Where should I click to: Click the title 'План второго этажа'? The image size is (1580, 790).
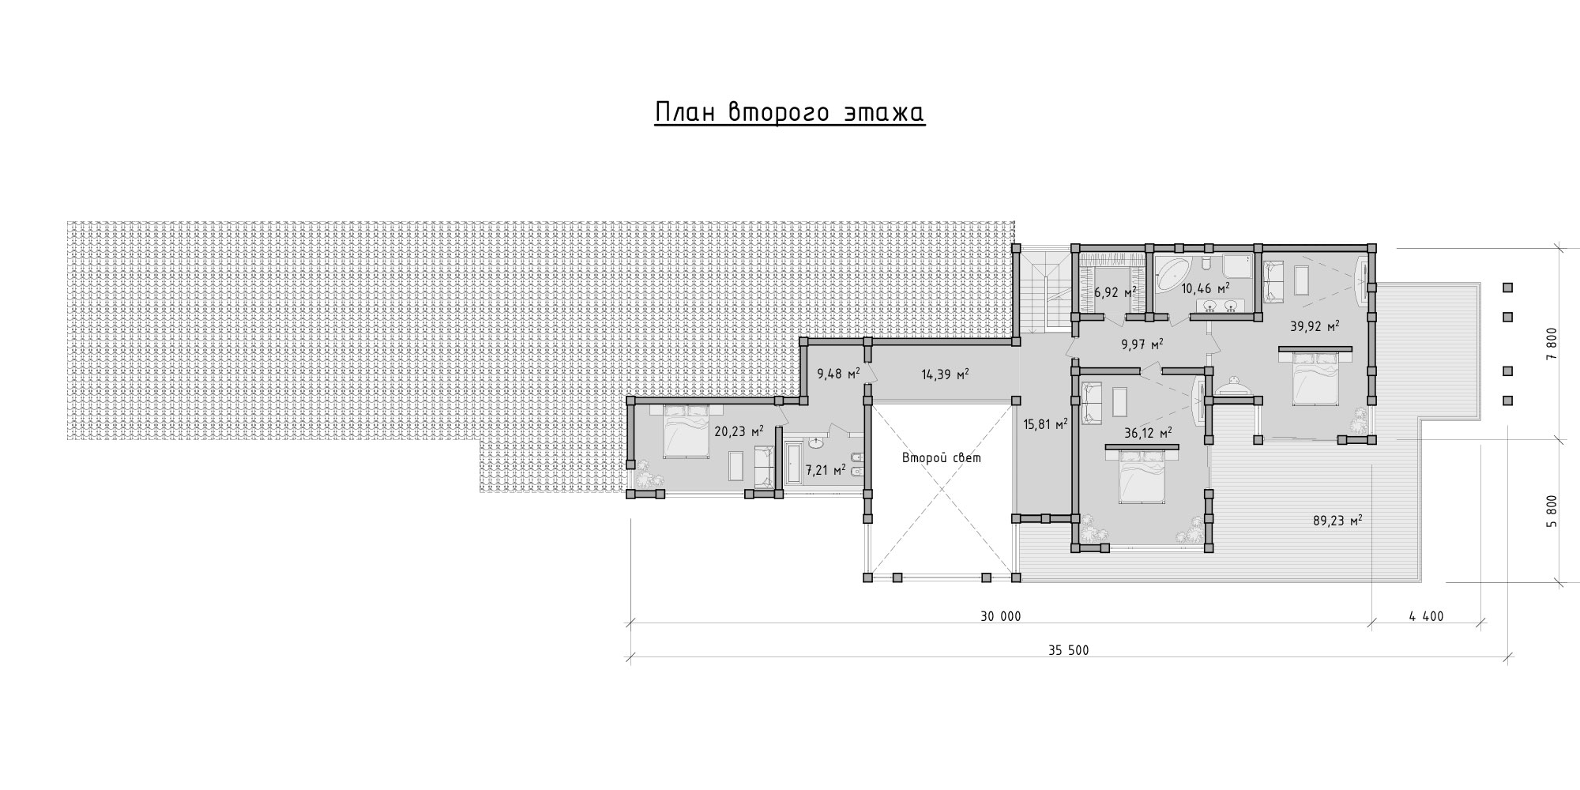pyautogui.click(x=790, y=113)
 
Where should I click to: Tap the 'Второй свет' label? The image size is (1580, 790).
pyautogui.click(x=942, y=457)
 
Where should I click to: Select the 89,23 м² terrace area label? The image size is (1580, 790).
pyautogui.click(x=1337, y=521)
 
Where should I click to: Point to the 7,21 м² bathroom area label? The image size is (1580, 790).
pyautogui.click(x=826, y=470)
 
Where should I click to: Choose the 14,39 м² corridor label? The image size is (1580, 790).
pyautogui.click(x=946, y=374)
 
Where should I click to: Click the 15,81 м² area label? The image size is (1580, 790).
pyautogui.click(x=1045, y=424)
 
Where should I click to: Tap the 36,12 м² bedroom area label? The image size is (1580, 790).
pyautogui.click(x=1148, y=433)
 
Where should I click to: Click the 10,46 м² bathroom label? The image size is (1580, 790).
pyautogui.click(x=1206, y=288)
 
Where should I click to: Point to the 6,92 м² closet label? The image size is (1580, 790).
pyautogui.click(x=1115, y=292)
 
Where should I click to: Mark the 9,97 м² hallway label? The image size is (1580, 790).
pyautogui.click(x=1142, y=344)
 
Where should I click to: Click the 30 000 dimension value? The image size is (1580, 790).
pyautogui.click(x=1000, y=616)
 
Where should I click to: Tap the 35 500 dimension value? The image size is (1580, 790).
pyautogui.click(x=1068, y=651)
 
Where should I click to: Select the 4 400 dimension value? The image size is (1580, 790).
pyautogui.click(x=1425, y=616)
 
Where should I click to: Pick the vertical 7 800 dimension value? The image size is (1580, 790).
pyautogui.click(x=1552, y=344)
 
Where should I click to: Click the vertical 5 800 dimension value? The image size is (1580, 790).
pyautogui.click(x=1552, y=512)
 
